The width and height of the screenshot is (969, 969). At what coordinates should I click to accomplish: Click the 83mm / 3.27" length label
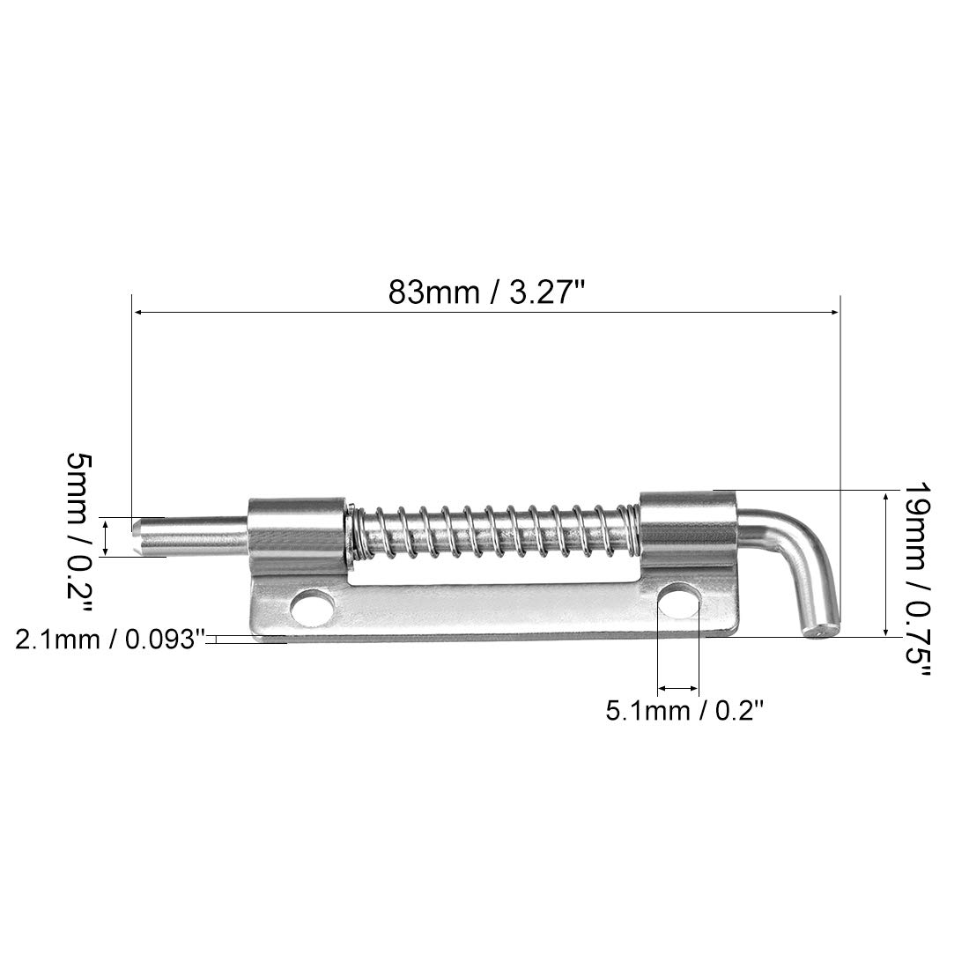(x=486, y=292)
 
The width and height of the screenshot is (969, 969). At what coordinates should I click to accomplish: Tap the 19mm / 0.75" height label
(x=916, y=579)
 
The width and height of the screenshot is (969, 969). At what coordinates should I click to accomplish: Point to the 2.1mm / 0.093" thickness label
(x=110, y=640)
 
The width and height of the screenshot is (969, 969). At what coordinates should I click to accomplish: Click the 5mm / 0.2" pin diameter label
(x=79, y=533)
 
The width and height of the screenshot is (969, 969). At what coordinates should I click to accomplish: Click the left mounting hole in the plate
(x=311, y=608)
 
